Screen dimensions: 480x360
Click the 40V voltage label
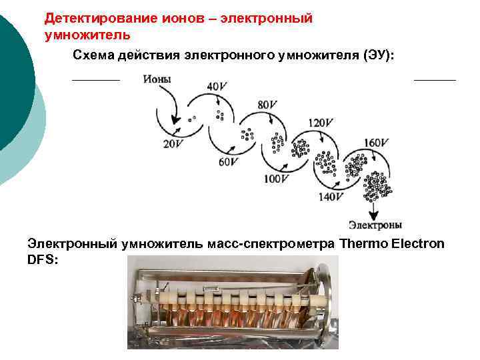[217, 86]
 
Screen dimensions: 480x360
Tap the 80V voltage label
[267, 105]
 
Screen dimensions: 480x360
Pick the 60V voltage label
[228, 161]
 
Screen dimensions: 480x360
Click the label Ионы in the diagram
[157, 79]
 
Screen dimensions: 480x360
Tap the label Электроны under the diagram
[375, 225]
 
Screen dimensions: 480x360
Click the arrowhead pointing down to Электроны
[374, 213]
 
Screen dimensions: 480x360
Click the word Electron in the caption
[419, 243]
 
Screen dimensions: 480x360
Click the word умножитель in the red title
[87, 33]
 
